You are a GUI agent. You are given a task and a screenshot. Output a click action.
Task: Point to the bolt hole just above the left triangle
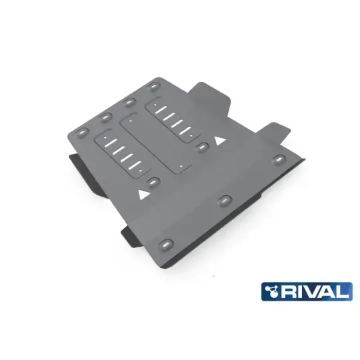155,181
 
